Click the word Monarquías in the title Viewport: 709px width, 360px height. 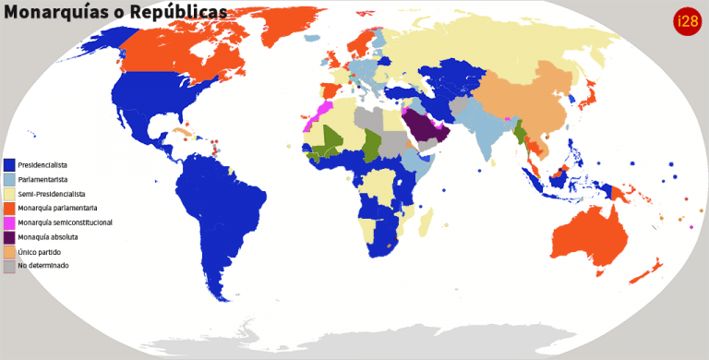[x=55, y=12]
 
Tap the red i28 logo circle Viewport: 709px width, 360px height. [x=687, y=20]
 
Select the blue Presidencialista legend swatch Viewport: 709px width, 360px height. [x=9, y=164]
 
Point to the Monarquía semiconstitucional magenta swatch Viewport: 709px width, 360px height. [x=9, y=222]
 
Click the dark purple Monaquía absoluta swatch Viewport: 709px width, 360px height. [x=9, y=237]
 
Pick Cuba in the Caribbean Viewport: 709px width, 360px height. [x=184, y=136]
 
